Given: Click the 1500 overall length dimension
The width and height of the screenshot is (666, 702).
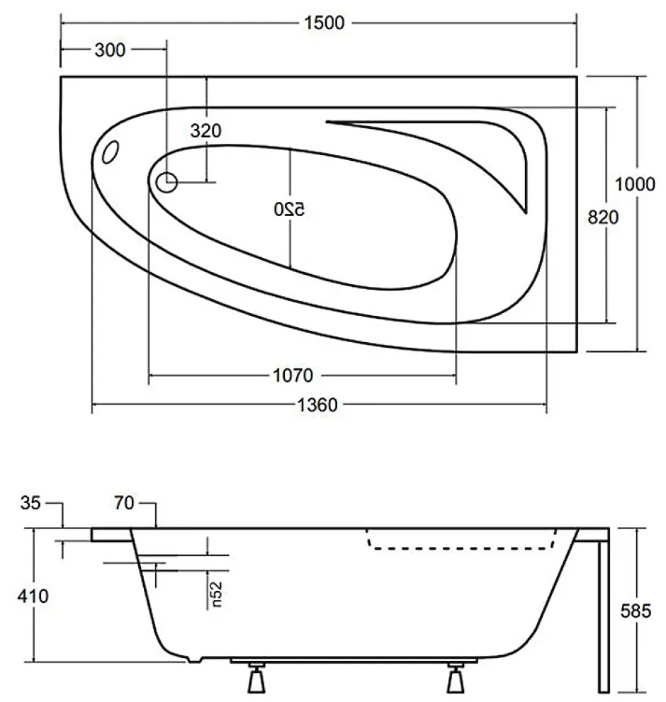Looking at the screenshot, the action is [324, 23].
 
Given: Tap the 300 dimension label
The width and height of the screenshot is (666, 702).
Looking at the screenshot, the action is [110, 50].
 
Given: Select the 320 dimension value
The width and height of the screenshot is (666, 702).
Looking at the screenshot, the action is [205, 131].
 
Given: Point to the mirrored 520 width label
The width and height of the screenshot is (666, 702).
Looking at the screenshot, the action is [289, 209].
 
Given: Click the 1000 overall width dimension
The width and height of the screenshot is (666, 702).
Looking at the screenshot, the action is [635, 184].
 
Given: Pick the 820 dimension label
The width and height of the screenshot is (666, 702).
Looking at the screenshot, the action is [603, 217].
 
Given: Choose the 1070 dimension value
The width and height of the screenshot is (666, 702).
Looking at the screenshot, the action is [293, 375].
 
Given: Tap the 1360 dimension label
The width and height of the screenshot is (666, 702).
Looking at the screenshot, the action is [317, 404].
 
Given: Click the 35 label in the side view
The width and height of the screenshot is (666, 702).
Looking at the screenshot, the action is [30, 503].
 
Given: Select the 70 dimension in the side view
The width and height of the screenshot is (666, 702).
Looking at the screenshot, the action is [124, 503].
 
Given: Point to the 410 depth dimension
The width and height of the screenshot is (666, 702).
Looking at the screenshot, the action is [33, 596].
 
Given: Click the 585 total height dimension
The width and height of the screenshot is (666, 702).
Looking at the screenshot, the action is [636, 611].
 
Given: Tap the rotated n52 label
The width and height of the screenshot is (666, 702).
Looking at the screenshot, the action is [216, 594].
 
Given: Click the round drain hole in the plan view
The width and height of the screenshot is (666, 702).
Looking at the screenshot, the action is [166, 183].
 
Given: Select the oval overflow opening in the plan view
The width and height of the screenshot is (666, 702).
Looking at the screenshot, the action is [111, 152].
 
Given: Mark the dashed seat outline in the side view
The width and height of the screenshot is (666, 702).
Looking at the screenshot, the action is [461, 548].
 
